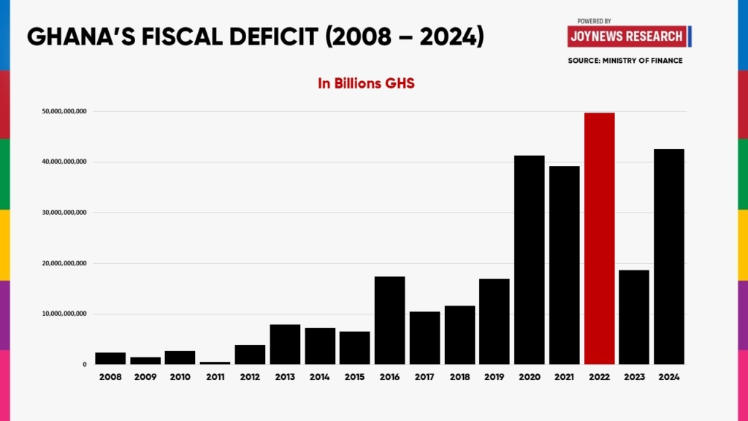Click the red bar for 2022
pyautogui.click(x=599, y=238)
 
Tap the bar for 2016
pyautogui.click(x=389, y=320)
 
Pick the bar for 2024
pyautogui.click(x=669, y=257)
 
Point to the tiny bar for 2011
pyautogui.click(x=215, y=363)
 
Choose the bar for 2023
pyautogui.click(x=633, y=317)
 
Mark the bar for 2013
pyautogui.click(x=285, y=344)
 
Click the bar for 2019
pyautogui.click(x=494, y=322)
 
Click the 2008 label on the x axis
pyautogui.click(x=110, y=377)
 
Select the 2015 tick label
pyautogui.click(x=354, y=377)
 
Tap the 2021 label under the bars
pyautogui.click(x=564, y=377)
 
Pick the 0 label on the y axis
pyautogui.click(x=85, y=364)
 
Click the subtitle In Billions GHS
pyautogui.click(x=366, y=83)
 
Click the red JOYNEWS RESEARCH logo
pyautogui.click(x=627, y=36)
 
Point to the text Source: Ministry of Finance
pyautogui.click(x=625, y=61)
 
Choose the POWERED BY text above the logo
pyautogui.click(x=594, y=21)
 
